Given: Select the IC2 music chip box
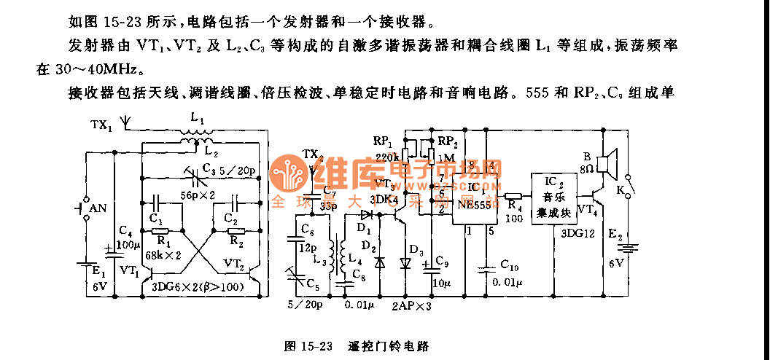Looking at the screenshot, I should [x=553, y=199].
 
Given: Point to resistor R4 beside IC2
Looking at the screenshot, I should [x=513, y=196].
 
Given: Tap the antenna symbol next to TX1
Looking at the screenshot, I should [x=126, y=123].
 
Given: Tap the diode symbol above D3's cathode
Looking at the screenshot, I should [x=406, y=262].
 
